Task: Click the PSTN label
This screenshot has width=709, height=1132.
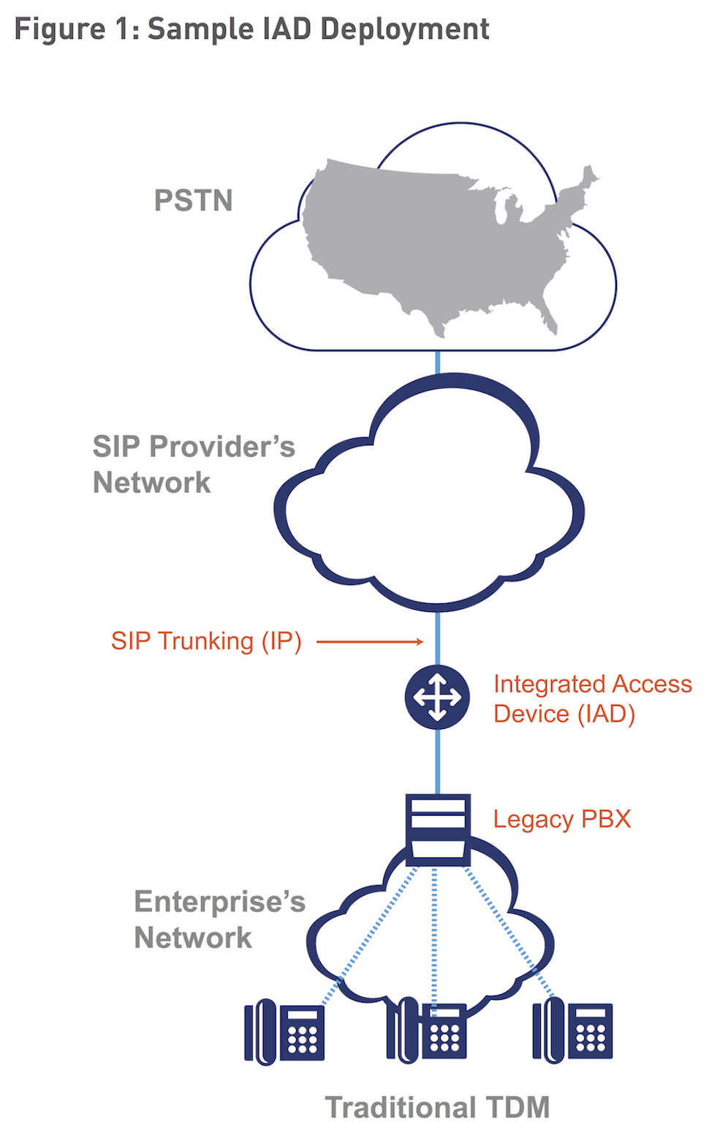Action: click(193, 200)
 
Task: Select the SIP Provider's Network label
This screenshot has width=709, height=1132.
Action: click(194, 464)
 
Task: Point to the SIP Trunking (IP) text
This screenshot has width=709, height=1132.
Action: click(206, 641)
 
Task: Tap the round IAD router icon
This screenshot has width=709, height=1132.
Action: click(437, 697)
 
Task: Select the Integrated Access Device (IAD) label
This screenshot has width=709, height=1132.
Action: click(592, 699)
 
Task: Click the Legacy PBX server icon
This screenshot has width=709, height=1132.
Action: click(438, 830)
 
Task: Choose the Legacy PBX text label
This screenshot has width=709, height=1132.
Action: click(561, 819)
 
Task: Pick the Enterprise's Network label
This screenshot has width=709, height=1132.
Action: click(219, 919)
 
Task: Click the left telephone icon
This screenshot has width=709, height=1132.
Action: click(284, 1032)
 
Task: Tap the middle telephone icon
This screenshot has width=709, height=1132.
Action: click(427, 1032)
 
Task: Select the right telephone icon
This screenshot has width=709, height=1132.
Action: click(572, 1032)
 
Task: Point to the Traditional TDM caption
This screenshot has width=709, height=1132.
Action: click(437, 1107)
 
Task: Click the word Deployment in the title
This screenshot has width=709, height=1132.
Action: click(405, 29)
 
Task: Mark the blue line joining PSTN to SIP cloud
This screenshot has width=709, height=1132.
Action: click(438, 362)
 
